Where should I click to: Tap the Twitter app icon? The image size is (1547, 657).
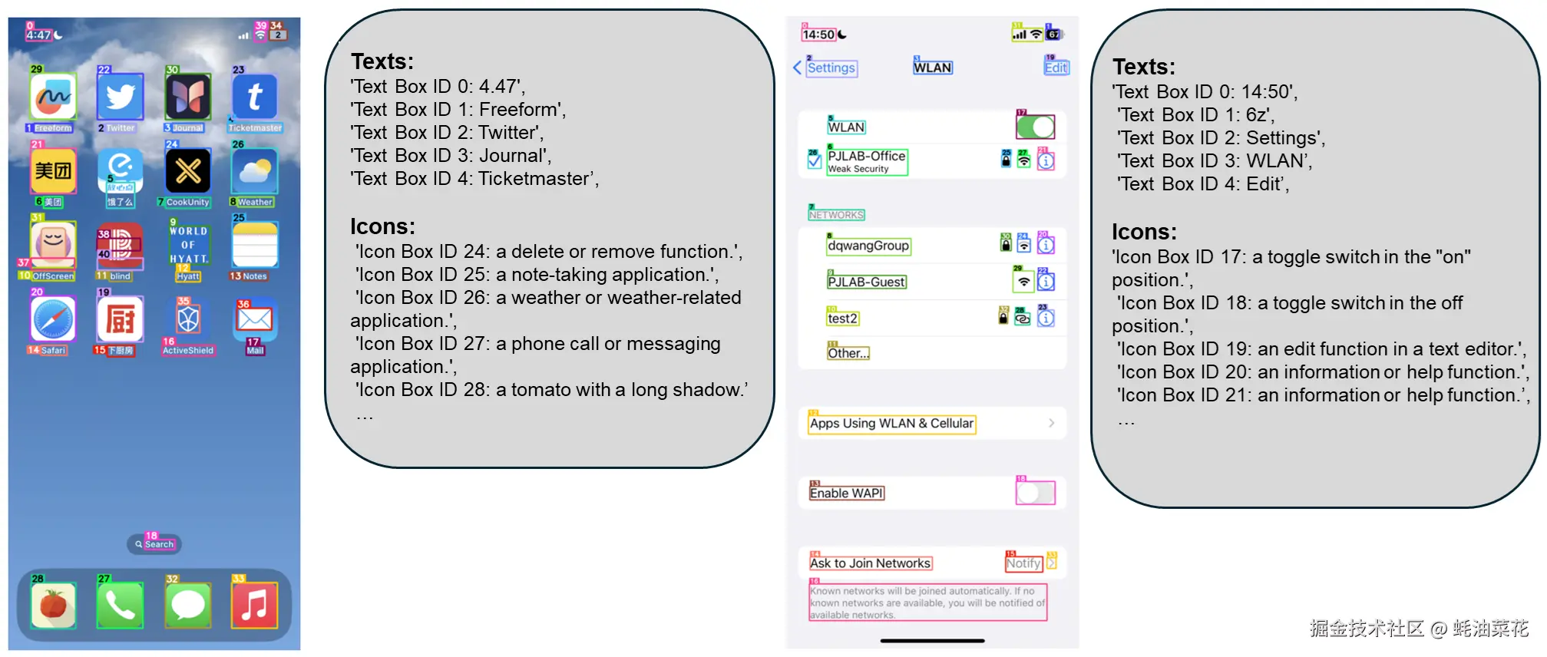coord(120,97)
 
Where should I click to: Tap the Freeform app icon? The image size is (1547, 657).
coord(53,97)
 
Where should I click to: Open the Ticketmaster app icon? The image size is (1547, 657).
coord(255,97)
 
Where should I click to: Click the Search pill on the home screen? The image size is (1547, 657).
coord(154,544)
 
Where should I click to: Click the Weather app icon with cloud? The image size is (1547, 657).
coord(255,171)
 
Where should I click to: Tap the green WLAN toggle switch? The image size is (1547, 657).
coord(1036,127)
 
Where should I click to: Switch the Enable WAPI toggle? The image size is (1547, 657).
coord(1036,493)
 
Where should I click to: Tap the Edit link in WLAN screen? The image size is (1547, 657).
coord(1056,68)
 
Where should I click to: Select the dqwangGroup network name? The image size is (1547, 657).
coord(868,246)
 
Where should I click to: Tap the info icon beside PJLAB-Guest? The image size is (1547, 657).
coord(1046,282)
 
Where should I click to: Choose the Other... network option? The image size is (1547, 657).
coord(848,353)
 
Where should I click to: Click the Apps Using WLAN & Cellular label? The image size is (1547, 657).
coord(891,424)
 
